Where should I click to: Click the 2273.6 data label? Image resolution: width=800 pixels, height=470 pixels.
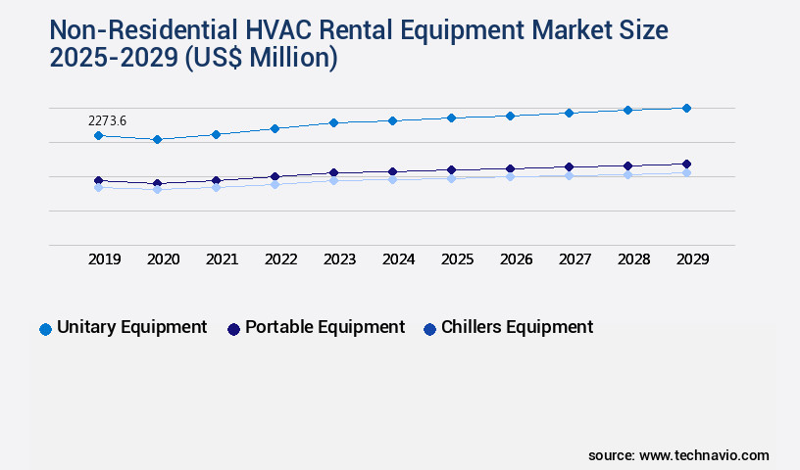coord(107,121)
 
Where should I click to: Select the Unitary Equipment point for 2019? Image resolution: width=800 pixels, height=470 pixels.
coord(98,135)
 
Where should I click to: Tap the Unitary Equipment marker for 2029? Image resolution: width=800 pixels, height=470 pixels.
coord(686,108)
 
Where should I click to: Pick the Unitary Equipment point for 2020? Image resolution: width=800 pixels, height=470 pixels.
coord(157,139)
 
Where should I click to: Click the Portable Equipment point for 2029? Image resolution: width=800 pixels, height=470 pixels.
coord(686,164)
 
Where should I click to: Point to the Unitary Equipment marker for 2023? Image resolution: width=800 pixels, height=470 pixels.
coord(333,122)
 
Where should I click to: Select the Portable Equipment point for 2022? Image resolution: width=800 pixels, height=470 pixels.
coord(275,176)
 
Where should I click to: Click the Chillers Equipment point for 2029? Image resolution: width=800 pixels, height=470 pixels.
coord(686,172)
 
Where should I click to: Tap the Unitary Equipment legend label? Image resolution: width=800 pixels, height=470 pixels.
coord(131,327)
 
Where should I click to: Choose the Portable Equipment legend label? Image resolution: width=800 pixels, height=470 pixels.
coord(325,327)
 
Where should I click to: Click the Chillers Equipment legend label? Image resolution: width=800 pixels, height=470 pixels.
coord(517,327)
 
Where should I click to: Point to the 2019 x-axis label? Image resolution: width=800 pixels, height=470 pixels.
coord(105,259)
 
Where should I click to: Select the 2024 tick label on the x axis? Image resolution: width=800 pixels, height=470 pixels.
coord(399,259)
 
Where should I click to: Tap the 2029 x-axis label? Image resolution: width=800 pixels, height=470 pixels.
coord(693,259)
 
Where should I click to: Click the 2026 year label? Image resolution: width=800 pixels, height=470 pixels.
coord(517,259)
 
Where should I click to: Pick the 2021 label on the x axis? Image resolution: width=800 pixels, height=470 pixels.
coord(223,259)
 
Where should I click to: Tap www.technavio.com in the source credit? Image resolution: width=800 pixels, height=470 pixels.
coord(704,455)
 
